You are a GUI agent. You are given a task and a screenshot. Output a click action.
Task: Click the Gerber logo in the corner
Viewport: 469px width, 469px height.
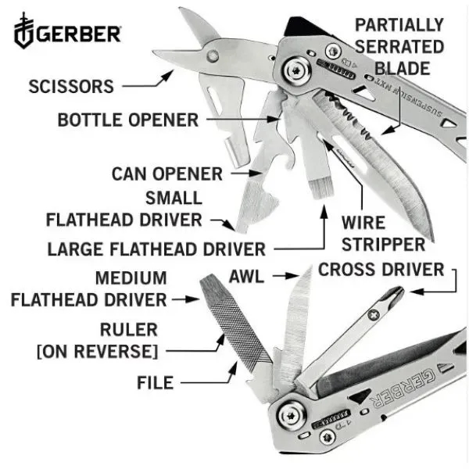68,33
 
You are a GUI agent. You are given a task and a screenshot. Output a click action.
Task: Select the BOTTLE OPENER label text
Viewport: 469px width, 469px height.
128,120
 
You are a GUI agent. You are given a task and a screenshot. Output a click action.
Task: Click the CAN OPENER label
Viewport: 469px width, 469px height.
167,173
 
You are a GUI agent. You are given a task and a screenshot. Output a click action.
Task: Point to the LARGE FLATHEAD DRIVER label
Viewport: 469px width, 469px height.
156,249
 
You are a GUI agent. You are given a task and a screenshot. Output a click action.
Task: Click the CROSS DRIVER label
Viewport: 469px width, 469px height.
381,270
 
